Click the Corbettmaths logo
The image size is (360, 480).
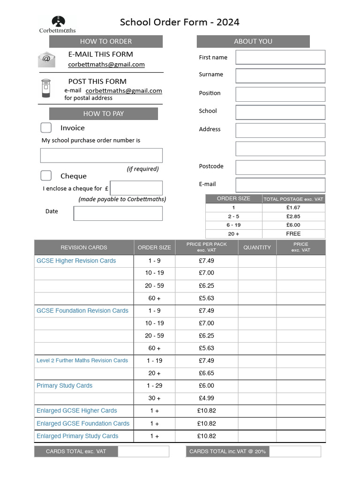(x=58, y=24)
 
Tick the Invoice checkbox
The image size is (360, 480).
(x=46, y=128)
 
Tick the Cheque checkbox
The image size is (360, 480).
(x=46, y=176)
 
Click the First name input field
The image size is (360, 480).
(x=280, y=57)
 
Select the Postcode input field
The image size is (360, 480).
(x=280, y=167)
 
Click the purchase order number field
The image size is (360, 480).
(x=101, y=155)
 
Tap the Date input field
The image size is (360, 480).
(x=118, y=213)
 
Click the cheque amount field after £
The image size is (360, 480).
(x=136, y=188)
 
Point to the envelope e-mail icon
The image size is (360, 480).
(x=46, y=60)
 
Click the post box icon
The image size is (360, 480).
(x=45, y=88)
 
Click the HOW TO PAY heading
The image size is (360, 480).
(x=104, y=113)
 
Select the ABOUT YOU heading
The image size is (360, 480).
(x=253, y=41)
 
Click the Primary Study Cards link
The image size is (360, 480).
(x=65, y=386)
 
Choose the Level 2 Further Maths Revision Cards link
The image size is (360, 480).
(x=82, y=360)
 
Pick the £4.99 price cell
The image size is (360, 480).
(x=206, y=398)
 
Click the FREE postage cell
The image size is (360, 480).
(x=293, y=233)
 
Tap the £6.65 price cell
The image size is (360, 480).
(x=206, y=373)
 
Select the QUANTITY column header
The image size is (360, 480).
(x=257, y=247)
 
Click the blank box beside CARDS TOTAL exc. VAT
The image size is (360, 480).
(x=143, y=451)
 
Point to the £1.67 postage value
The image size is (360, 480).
(x=293, y=207)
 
